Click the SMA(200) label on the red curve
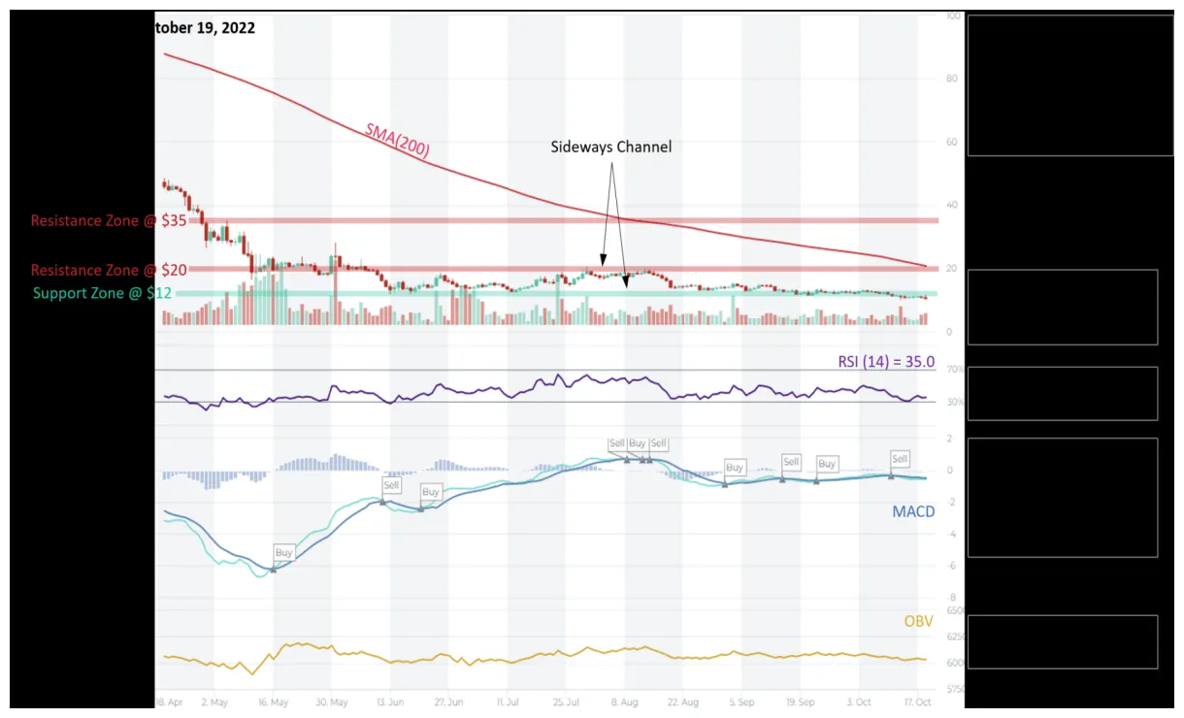coord(397,141)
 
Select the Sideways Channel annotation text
coord(610,147)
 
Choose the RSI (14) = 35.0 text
coord(886,361)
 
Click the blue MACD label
coord(913,510)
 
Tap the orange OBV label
coord(918,620)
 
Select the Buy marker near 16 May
coord(283,552)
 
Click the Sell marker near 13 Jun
coord(391,485)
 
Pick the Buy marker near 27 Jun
coord(431,492)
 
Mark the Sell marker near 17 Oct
coord(900,459)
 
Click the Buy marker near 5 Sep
coord(735,467)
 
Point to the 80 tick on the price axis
coord(952,79)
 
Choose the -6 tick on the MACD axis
coord(952,565)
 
